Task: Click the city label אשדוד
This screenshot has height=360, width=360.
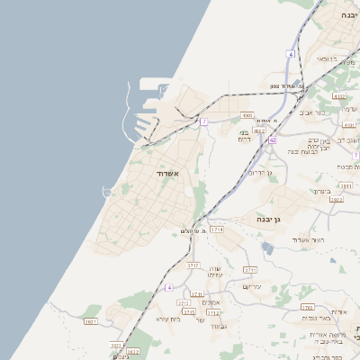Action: click(x=168, y=173)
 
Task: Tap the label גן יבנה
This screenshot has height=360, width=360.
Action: click(x=263, y=219)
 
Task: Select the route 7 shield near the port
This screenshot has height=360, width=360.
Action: click(x=204, y=121)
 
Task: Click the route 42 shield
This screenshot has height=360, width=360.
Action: click(x=271, y=140)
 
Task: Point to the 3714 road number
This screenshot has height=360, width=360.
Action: click(x=217, y=230)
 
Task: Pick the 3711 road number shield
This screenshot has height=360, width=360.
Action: click(x=250, y=269)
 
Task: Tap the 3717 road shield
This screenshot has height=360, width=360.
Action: click(x=193, y=265)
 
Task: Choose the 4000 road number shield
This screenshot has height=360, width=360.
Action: click(x=247, y=115)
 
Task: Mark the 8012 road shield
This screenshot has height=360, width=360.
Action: click(x=259, y=130)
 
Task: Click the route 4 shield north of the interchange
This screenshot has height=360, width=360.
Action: click(x=291, y=54)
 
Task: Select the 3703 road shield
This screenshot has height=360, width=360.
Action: click(x=307, y=307)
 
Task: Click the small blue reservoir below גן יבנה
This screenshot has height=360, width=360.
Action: click(x=267, y=247)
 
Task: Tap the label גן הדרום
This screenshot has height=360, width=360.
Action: click(x=260, y=171)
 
